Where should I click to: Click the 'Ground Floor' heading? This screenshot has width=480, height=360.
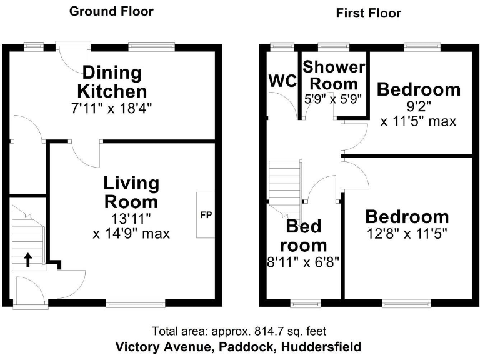(111, 11)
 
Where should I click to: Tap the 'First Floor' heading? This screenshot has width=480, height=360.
(368, 13)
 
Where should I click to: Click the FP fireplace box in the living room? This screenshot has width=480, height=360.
(206, 215)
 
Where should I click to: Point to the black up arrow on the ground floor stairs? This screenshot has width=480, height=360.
(28, 259)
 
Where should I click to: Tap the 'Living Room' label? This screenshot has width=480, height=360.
(131, 192)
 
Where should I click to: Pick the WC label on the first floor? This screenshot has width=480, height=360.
(282, 81)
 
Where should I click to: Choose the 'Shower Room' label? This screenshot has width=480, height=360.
(334, 75)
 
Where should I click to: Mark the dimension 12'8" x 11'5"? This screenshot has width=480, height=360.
(407, 236)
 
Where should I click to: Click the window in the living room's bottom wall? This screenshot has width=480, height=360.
(136, 304)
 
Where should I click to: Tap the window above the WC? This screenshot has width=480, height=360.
(282, 47)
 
